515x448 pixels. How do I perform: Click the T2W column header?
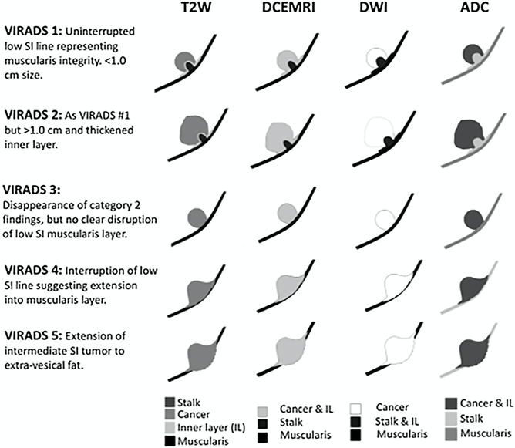pyautogui.click(x=196, y=7)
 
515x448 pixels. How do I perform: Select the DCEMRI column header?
pyautogui.click(x=288, y=7)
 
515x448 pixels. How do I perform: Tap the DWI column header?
pyautogui.click(x=373, y=7)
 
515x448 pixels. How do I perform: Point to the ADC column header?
pyautogui.click(x=475, y=7)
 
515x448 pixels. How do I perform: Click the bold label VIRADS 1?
pyautogui.click(x=33, y=31)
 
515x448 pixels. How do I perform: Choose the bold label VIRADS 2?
pyautogui.click(x=33, y=115)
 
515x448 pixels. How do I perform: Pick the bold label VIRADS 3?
pyautogui.click(x=32, y=190)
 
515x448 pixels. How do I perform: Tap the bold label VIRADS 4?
pyautogui.click(x=33, y=271)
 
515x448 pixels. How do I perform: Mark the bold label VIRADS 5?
pyautogui.click(x=33, y=335)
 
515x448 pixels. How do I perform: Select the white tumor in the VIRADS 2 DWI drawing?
pyautogui.click(x=379, y=131)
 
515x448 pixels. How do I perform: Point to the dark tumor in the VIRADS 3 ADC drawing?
pyautogui.click(x=473, y=219)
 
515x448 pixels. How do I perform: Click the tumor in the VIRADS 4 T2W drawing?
pyautogui.click(x=199, y=291)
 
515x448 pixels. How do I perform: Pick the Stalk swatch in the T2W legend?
pyautogui.click(x=170, y=403)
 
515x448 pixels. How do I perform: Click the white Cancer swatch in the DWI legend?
pyautogui.click(x=355, y=409)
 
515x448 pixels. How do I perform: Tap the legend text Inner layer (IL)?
pyautogui.click(x=211, y=428)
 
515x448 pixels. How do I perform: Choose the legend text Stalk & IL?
pyautogui.click(x=397, y=421)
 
